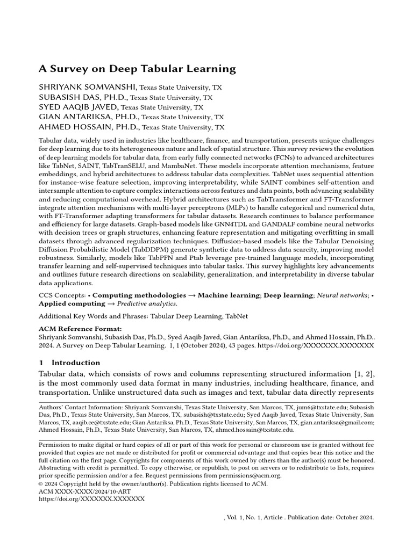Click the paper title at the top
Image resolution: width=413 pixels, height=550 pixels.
pyautogui.click(x=137, y=68)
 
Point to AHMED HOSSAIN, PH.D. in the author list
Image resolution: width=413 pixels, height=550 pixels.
pyautogui.click(x=89, y=127)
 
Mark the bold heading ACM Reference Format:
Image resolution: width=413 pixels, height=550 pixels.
pyautogui.click(x=80, y=329)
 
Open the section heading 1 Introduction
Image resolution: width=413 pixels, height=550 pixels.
pyautogui.click(x=69, y=363)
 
